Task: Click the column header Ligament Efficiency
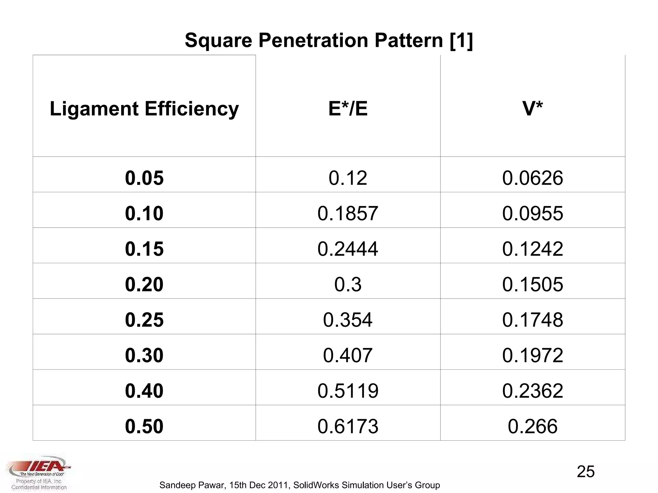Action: pyautogui.click(x=144, y=108)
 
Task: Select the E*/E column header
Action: pyautogui.click(x=348, y=108)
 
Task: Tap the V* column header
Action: pyautogui.click(x=532, y=108)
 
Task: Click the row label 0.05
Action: pyautogui.click(x=144, y=178)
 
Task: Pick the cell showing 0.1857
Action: pyautogui.click(x=348, y=213)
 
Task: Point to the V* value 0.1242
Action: pyautogui.click(x=532, y=249)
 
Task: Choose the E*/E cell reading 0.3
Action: pyautogui.click(x=348, y=284)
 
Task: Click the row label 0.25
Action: pyautogui.click(x=144, y=320)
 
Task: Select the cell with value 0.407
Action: pyautogui.click(x=348, y=355)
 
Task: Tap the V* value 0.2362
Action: pyautogui.click(x=532, y=391)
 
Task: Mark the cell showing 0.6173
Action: pyautogui.click(x=348, y=426)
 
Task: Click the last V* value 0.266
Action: pyautogui.click(x=532, y=426)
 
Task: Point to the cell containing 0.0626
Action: pyautogui.click(x=532, y=178)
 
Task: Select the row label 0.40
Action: pyautogui.click(x=144, y=391)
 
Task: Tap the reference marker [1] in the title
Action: pyautogui.click(x=461, y=40)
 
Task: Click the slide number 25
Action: pyautogui.click(x=585, y=471)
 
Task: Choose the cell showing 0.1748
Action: pyautogui.click(x=532, y=320)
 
